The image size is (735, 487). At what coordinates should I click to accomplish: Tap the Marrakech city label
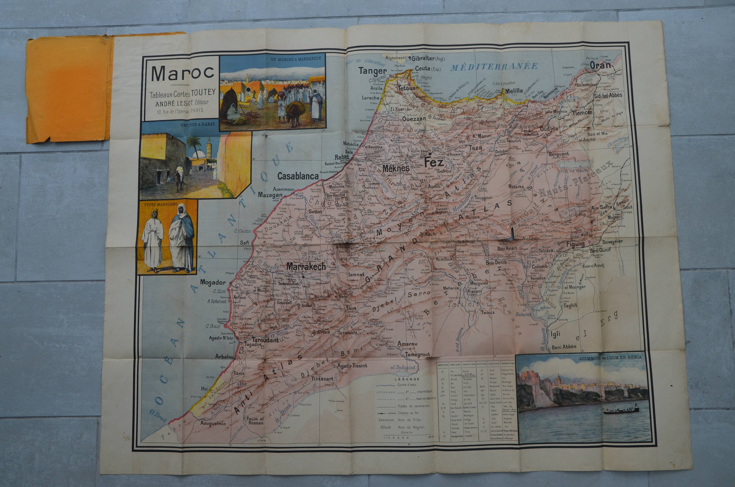(306, 267)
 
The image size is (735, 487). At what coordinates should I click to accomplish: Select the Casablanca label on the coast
(298, 176)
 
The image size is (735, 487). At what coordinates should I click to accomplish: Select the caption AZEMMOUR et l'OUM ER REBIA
(610, 357)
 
